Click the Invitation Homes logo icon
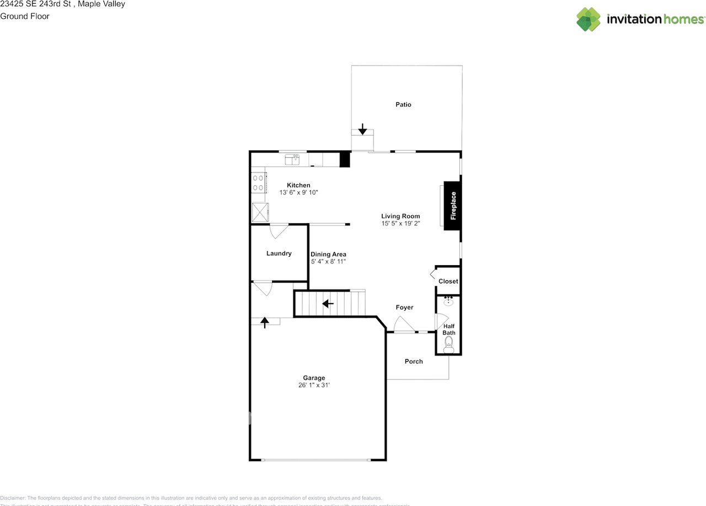(589, 19)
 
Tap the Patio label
(403, 105)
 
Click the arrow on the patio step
(362, 130)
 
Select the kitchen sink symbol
(292, 160)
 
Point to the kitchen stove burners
(258, 183)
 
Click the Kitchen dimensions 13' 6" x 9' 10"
(299, 192)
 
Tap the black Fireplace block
(453, 206)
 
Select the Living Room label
(400, 216)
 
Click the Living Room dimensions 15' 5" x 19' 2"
(400, 224)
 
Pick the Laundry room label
(279, 254)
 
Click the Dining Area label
(328, 254)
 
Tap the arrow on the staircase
(328, 304)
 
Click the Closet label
(448, 281)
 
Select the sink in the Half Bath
(448, 302)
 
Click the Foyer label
(404, 308)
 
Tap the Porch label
(414, 362)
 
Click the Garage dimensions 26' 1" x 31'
(314, 385)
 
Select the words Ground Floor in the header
(25, 16)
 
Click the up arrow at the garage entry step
(265, 322)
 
